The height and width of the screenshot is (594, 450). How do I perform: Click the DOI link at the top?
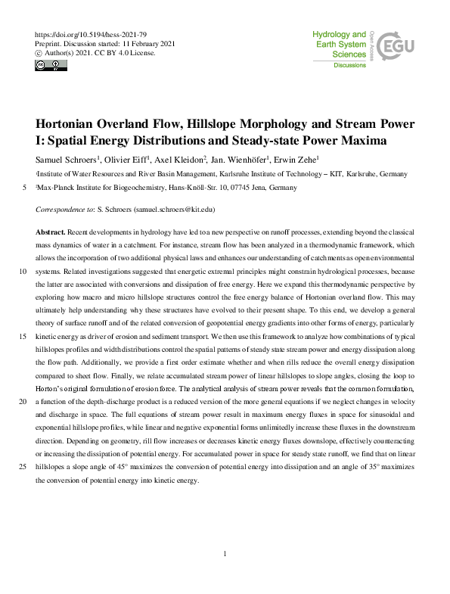92,35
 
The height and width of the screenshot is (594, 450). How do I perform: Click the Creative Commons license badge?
51,66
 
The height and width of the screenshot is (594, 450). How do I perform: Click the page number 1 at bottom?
225,555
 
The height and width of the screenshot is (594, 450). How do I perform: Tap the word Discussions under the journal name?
350,66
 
